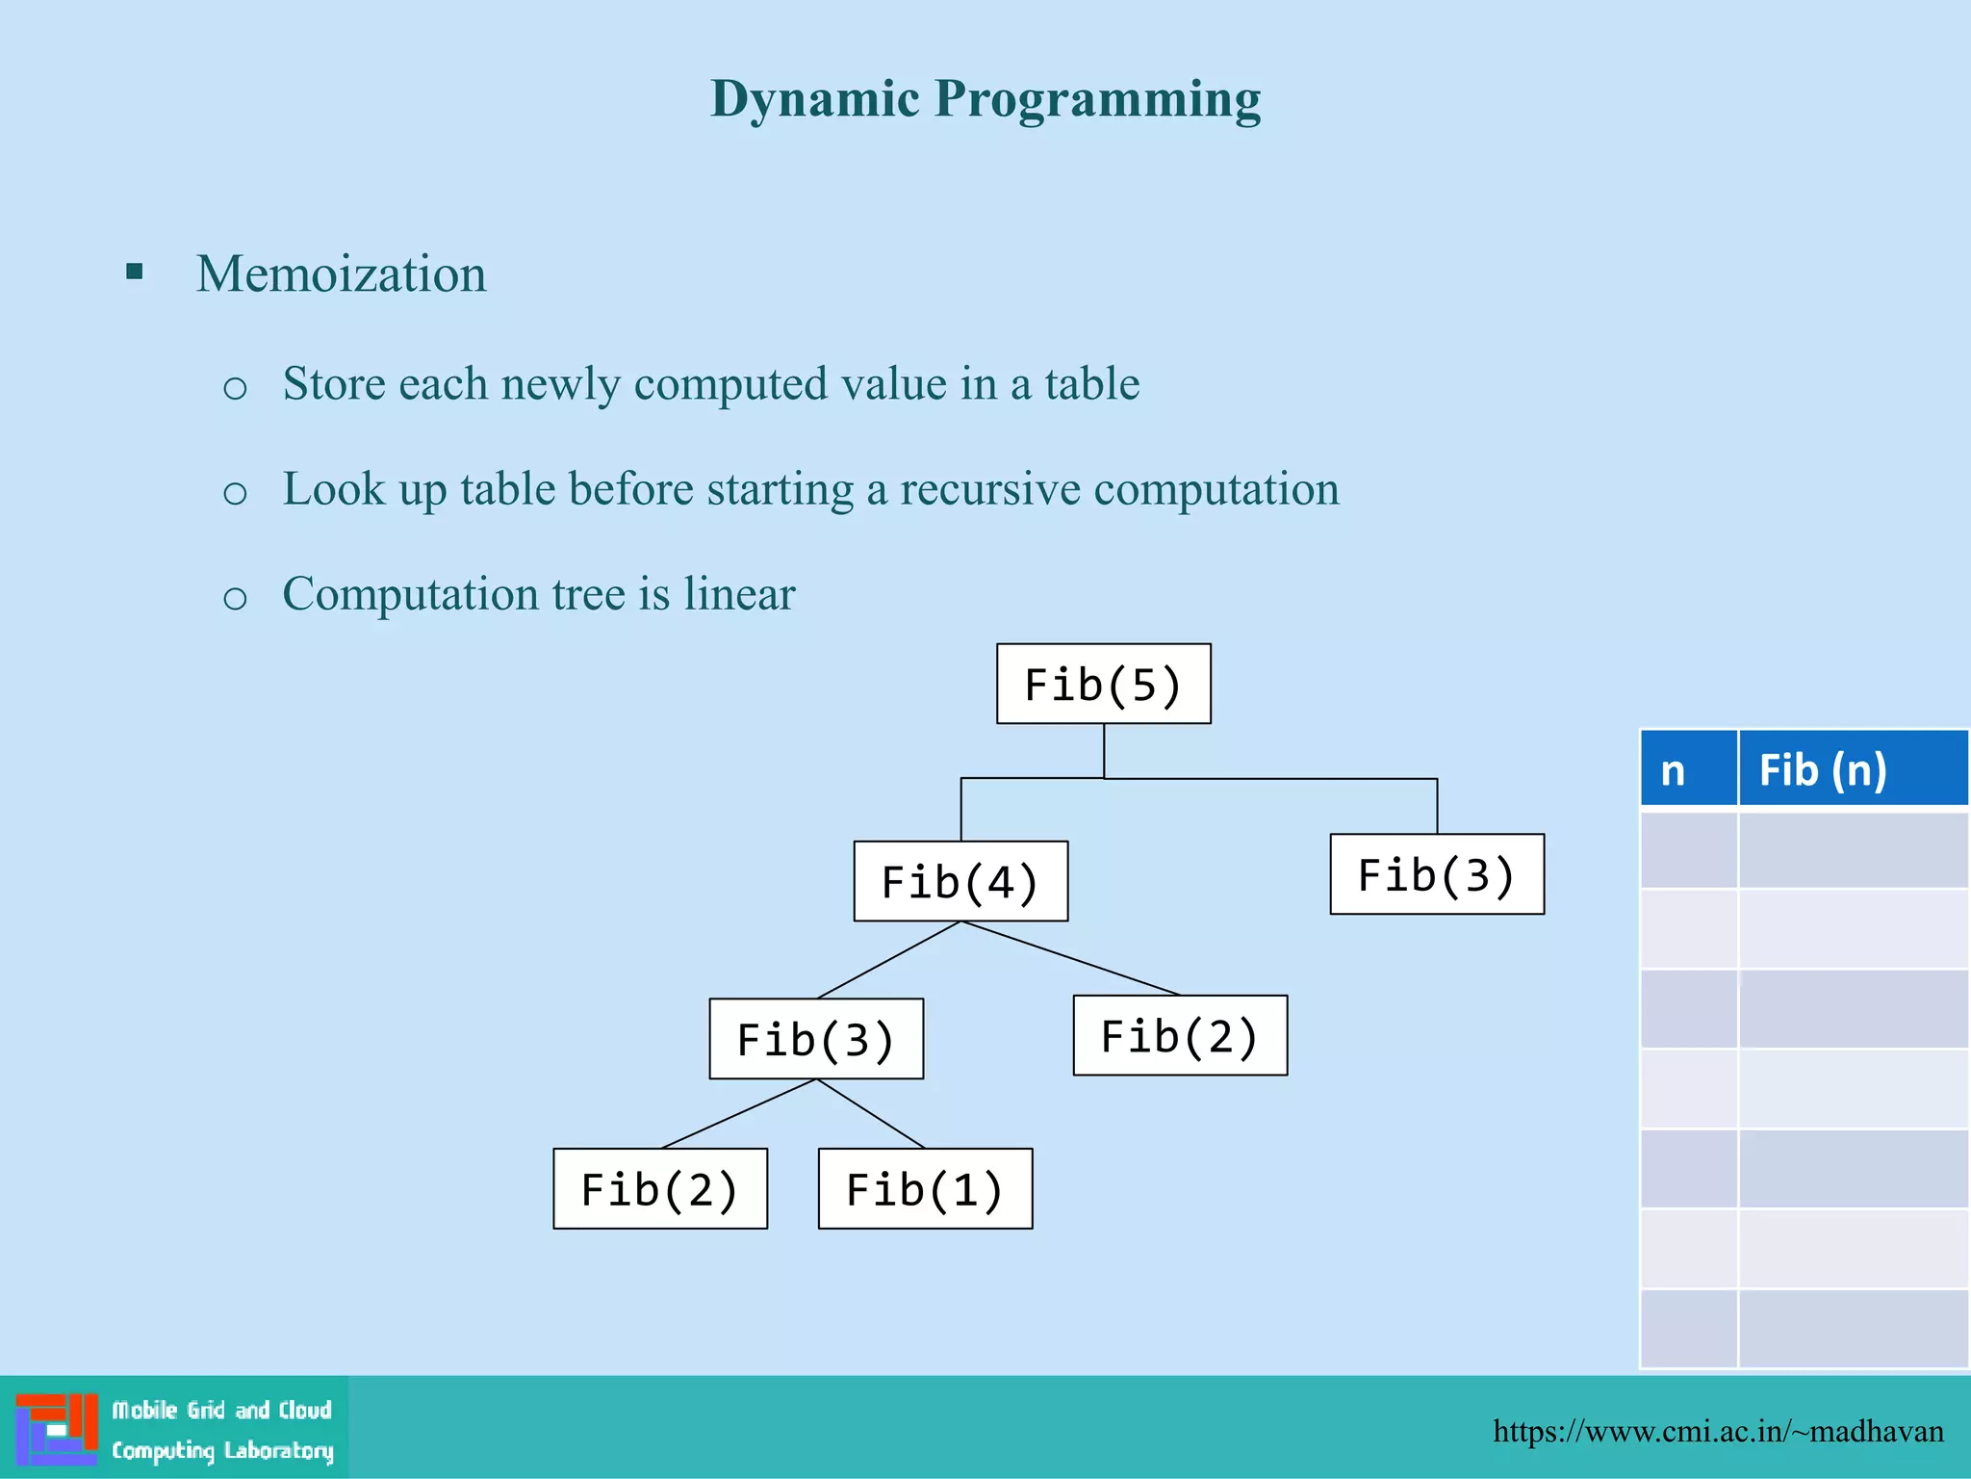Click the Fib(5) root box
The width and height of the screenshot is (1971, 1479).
(x=1103, y=684)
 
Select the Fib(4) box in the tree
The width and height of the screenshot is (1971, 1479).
(x=960, y=881)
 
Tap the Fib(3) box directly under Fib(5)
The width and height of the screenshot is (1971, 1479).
(x=1436, y=874)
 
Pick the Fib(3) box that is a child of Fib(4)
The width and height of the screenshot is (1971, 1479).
(x=816, y=1038)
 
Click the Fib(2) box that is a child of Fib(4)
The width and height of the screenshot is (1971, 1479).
(x=1180, y=1035)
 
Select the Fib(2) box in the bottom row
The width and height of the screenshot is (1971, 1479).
(x=660, y=1188)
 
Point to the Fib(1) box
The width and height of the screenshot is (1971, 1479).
(x=925, y=1188)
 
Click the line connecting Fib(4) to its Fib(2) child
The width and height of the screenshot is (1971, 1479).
(x=1070, y=958)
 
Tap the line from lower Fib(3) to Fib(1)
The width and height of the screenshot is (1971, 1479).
(x=871, y=1114)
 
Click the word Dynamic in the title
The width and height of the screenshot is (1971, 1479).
(x=814, y=99)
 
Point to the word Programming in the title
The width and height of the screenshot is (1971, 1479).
(x=1097, y=99)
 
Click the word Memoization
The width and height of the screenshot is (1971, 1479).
(x=341, y=273)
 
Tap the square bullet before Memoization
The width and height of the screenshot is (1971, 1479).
(x=135, y=272)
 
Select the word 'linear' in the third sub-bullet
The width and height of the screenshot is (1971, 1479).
(x=739, y=593)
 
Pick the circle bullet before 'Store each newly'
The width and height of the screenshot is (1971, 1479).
(x=235, y=388)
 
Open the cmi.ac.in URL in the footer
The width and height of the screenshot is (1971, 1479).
(x=1717, y=1431)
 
